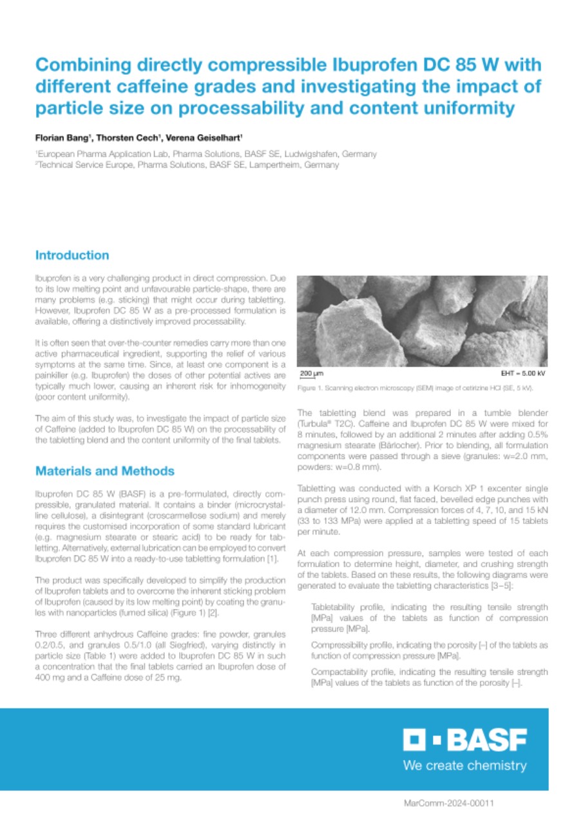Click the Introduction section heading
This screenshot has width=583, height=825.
pos(72,255)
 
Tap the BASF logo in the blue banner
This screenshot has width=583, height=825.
pos(464,740)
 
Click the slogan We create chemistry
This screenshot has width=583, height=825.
pos(464,766)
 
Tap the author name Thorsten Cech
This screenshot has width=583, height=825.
pos(129,139)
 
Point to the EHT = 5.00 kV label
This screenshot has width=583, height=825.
pos(524,373)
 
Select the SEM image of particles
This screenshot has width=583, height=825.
pos(422,321)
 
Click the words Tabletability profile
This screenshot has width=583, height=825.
pos(346,608)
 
